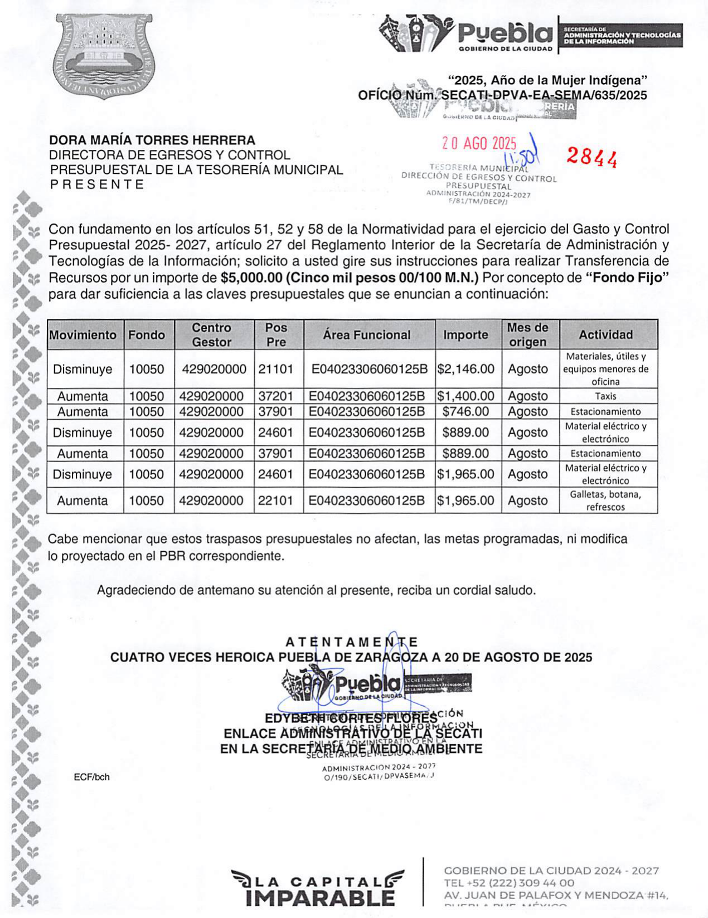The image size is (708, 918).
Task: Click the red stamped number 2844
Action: pos(591,158)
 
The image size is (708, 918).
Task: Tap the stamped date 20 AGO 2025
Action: pos(479,144)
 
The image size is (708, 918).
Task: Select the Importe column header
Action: pos(465,335)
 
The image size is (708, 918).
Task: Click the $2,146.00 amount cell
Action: pos(465,369)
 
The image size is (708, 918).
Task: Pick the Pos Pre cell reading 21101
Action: pos(275,369)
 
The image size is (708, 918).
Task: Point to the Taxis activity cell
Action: pos(605,396)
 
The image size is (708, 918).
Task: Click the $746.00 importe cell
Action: pos(465,412)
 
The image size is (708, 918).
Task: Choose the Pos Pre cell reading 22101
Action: pos(275,501)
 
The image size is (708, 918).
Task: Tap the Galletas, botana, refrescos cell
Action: pos(605,501)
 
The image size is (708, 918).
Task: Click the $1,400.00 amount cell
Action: pos(465,396)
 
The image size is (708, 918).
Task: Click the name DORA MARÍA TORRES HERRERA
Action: pos(152,140)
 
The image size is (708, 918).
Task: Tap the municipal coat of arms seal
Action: pos(103,57)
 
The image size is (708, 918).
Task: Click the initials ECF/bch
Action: pos(91,777)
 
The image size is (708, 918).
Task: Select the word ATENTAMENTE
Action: pos(352,643)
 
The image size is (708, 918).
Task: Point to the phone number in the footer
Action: pos(509,883)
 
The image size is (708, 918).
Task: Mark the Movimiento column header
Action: pos(83,335)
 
